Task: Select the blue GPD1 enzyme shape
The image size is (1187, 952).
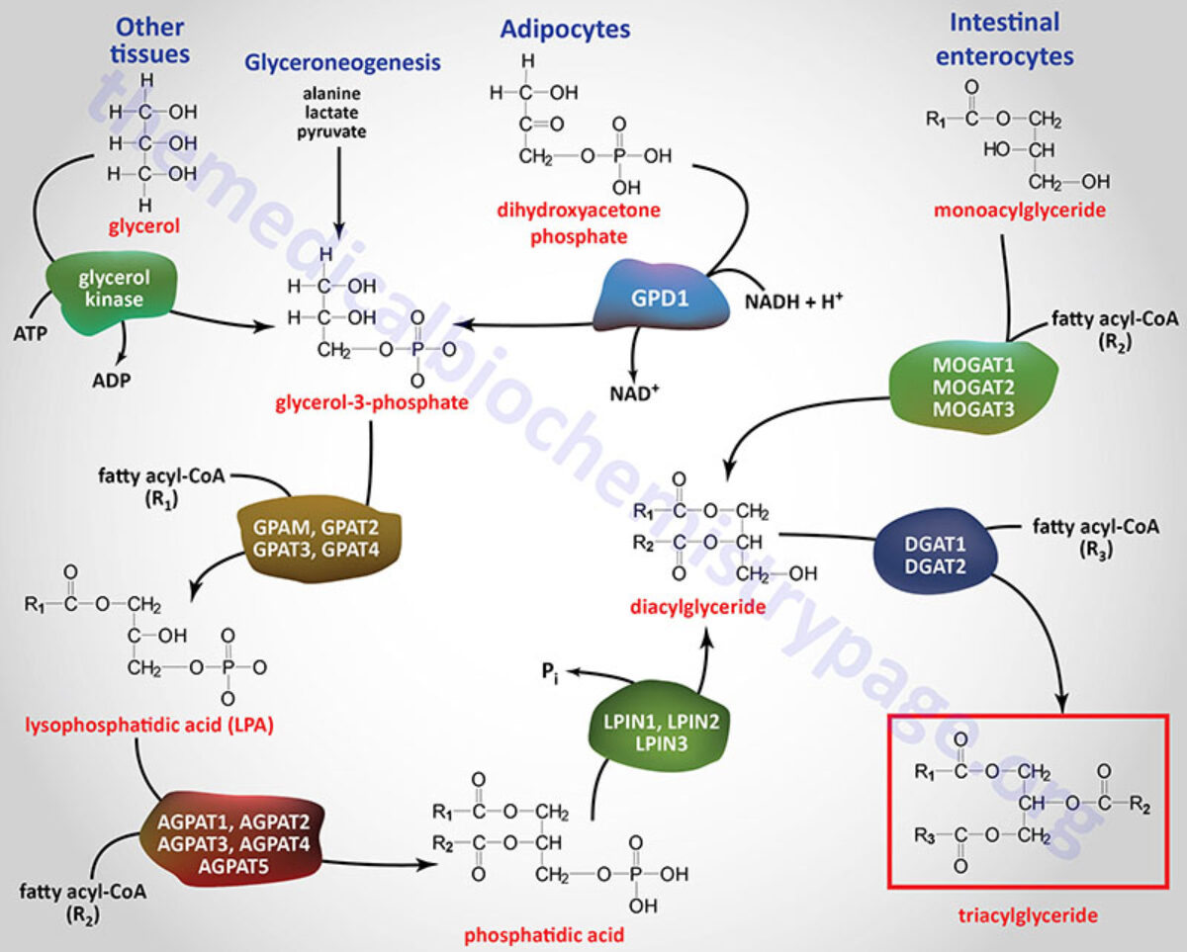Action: [654, 296]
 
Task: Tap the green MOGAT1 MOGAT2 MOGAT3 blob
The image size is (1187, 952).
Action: [973, 388]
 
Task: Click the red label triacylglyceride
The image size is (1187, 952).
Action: [1029, 915]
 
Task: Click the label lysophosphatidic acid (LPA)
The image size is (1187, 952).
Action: [148, 726]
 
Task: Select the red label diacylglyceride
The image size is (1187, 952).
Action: [697, 606]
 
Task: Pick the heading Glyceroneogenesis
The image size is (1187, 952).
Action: [341, 62]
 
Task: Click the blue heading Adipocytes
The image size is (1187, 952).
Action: [565, 29]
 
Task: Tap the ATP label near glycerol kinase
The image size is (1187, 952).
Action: [33, 336]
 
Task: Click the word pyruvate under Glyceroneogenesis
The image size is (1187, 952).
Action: [338, 130]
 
